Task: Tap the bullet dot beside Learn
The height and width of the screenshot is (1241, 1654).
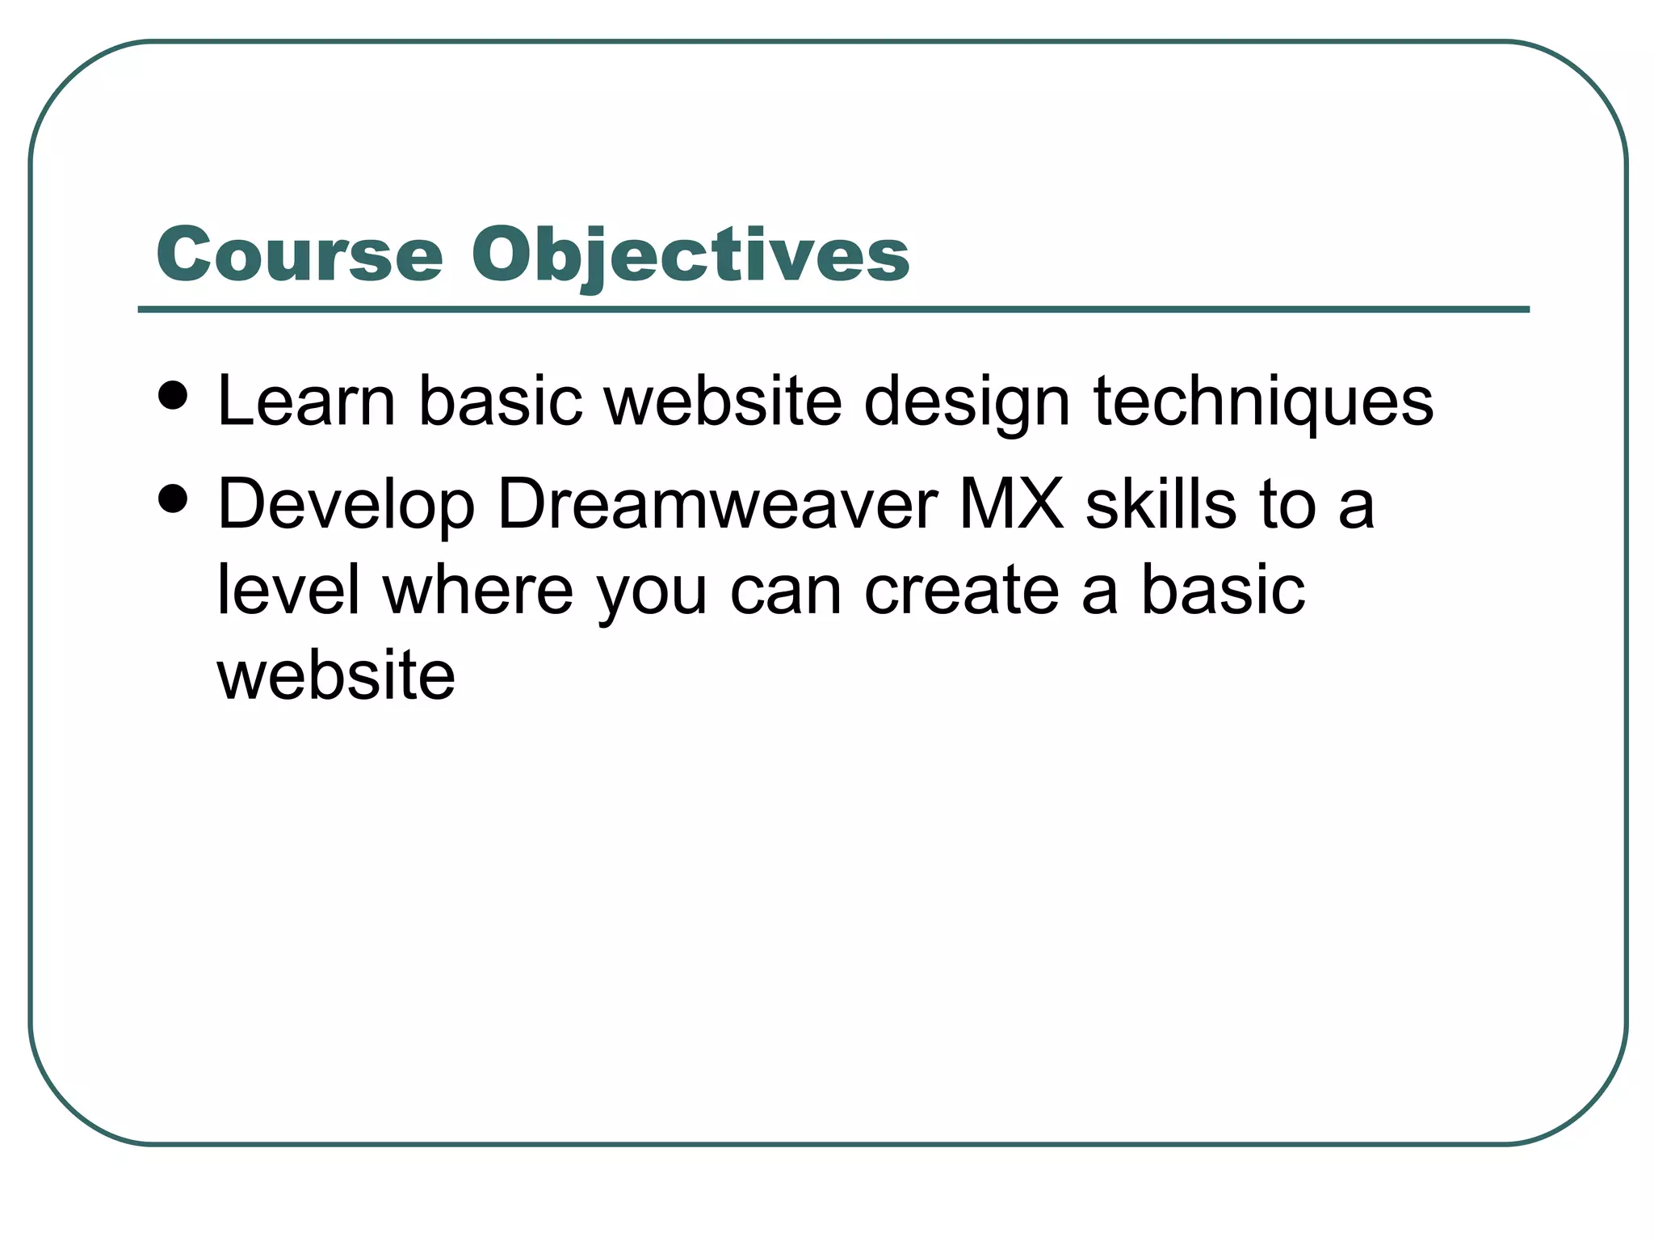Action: tap(173, 396)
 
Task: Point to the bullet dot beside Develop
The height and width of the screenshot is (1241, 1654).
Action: tap(173, 499)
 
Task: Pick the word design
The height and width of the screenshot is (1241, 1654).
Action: tap(967, 402)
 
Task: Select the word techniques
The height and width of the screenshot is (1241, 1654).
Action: tap(1263, 402)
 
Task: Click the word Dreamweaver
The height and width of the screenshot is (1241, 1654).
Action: tap(717, 504)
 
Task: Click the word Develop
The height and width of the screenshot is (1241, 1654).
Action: tap(346, 506)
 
